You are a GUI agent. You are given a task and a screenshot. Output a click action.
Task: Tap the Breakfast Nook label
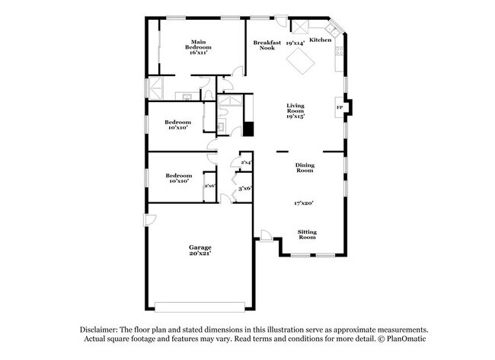(x=267, y=46)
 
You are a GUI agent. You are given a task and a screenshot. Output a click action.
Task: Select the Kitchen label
(x=320, y=40)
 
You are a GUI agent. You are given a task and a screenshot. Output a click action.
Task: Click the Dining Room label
(x=305, y=168)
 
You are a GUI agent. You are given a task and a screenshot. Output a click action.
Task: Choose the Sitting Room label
(x=306, y=234)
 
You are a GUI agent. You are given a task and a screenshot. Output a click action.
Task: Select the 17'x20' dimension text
(x=305, y=202)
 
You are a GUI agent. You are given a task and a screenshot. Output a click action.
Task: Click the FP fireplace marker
(x=340, y=107)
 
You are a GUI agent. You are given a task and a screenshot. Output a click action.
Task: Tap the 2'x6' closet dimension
(x=209, y=186)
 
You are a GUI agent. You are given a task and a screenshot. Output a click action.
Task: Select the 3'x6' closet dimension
(x=245, y=188)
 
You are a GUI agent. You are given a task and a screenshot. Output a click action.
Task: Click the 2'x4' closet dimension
(x=246, y=163)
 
